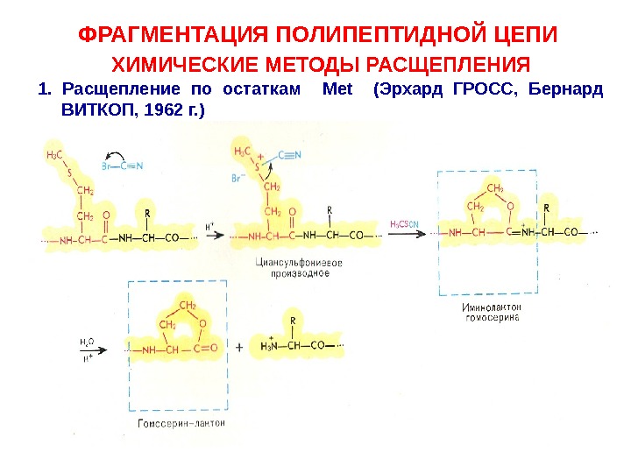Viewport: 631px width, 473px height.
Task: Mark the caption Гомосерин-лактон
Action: pos(181,423)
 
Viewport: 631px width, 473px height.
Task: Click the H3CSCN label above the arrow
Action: pos(405,223)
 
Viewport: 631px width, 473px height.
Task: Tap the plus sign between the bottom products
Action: pos(240,348)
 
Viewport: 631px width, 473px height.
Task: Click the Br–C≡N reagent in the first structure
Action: pos(124,165)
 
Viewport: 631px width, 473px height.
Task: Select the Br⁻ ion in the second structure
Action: pos(238,178)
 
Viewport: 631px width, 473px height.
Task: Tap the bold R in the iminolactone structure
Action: pos(546,208)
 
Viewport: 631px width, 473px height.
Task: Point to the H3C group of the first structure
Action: pos(54,156)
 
